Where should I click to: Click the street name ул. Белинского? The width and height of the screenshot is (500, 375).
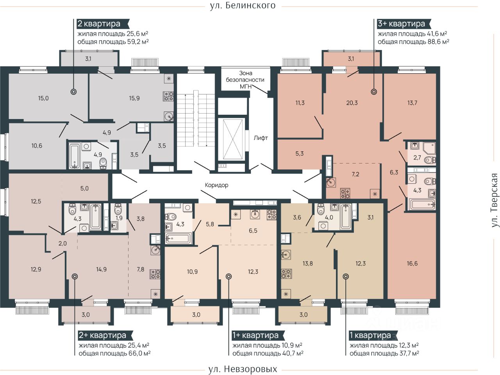(x=243, y=5)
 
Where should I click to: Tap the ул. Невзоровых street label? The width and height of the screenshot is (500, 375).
(x=243, y=369)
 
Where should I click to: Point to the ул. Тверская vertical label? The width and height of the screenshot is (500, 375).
(x=494, y=200)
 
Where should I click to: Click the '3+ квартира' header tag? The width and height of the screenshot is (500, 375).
(x=404, y=24)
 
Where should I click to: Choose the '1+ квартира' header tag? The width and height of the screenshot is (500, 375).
(x=258, y=336)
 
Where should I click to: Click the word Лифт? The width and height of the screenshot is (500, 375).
(x=261, y=138)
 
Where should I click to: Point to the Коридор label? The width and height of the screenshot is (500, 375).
(x=216, y=185)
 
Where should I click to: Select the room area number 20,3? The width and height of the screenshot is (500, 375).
(x=352, y=103)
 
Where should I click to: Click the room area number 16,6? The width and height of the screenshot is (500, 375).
(x=412, y=263)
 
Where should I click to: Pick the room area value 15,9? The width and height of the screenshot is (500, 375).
(x=134, y=98)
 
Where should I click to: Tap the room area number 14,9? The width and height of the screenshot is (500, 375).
(x=101, y=269)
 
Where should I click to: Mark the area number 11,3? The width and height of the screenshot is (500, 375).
(x=300, y=103)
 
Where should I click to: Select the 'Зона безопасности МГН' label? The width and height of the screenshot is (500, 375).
(x=245, y=80)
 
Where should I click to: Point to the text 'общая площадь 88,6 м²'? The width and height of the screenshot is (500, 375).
(x=413, y=42)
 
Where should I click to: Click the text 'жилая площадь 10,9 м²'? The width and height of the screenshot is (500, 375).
(x=267, y=345)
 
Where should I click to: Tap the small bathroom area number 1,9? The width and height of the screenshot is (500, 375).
(x=119, y=218)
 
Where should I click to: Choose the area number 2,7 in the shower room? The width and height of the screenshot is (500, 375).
(x=417, y=158)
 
